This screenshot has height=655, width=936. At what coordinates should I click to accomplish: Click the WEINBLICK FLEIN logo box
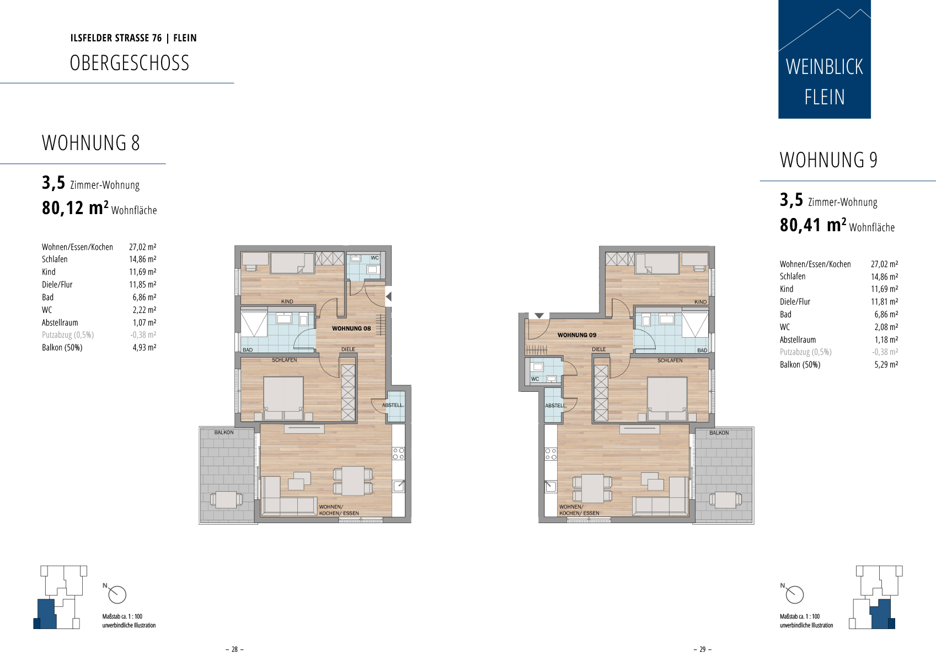point(825,59)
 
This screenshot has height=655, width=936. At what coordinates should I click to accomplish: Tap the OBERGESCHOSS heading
point(130,63)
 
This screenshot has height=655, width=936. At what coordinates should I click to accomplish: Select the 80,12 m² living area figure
point(75,207)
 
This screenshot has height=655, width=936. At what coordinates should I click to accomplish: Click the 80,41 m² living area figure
point(813,225)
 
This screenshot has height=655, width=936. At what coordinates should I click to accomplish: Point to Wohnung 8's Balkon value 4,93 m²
point(144,347)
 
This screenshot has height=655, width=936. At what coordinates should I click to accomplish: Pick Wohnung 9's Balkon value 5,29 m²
point(886,365)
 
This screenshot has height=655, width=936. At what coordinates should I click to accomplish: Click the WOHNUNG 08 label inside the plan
point(351,328)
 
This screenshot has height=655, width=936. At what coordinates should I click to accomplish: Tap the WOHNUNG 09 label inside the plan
point(576,335)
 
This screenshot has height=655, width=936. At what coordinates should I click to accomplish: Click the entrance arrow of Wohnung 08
point(389,296)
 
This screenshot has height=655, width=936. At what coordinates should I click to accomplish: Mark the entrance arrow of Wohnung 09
point(539,316)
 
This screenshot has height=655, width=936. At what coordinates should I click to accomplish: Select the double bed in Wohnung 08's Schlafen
point(284,398)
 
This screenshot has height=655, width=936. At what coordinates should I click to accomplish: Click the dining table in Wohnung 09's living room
point(592,488)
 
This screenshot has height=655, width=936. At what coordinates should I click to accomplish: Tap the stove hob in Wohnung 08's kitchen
point(398,454)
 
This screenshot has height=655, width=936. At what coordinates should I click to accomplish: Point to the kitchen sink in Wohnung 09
point(551,486)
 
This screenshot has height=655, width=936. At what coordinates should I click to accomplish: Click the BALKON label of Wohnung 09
point(719,433)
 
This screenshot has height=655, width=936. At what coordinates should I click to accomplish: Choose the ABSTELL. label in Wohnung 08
point(393,405)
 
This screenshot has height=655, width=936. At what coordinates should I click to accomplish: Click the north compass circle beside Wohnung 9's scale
point(794,595)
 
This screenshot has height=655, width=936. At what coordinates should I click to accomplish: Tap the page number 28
point(234,649)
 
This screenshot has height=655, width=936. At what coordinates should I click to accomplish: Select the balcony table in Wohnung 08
point(226,499)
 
